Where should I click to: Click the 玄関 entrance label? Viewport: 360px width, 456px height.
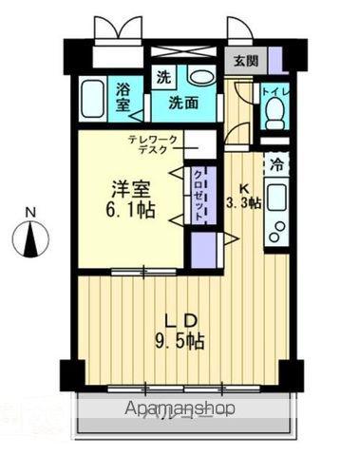[246, 59]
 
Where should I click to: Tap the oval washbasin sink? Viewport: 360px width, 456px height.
[200, 78]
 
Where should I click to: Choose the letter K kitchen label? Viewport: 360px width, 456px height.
[243, 186]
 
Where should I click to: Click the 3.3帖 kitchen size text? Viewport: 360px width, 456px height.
[243, 202]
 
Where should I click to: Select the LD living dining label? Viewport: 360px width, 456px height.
[181, 320]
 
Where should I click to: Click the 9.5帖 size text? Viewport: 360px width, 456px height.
[181, 340]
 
